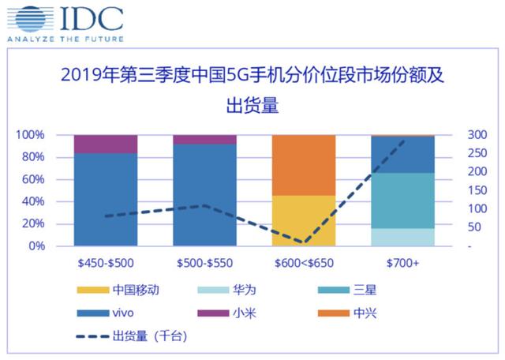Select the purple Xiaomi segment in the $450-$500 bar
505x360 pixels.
click(105, 144)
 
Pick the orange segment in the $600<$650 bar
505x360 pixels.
click(304, 164)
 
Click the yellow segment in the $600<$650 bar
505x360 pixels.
click(304, 220)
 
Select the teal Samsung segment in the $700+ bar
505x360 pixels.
click(403, 201)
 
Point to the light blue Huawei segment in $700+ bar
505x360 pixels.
click(403, 237)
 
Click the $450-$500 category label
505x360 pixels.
click(105, 262)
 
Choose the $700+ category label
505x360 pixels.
click(403, 262)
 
